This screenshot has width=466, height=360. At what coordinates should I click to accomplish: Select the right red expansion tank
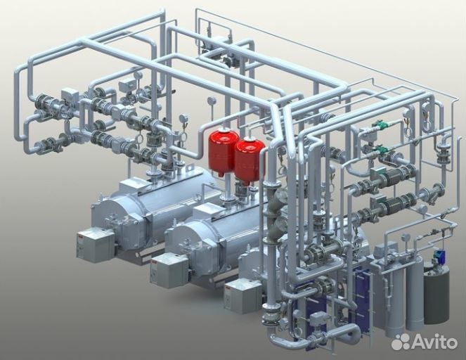[250, 160]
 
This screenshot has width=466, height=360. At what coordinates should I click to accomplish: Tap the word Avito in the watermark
[434, 342]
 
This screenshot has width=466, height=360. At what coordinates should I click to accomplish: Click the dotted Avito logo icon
[401, 342]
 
